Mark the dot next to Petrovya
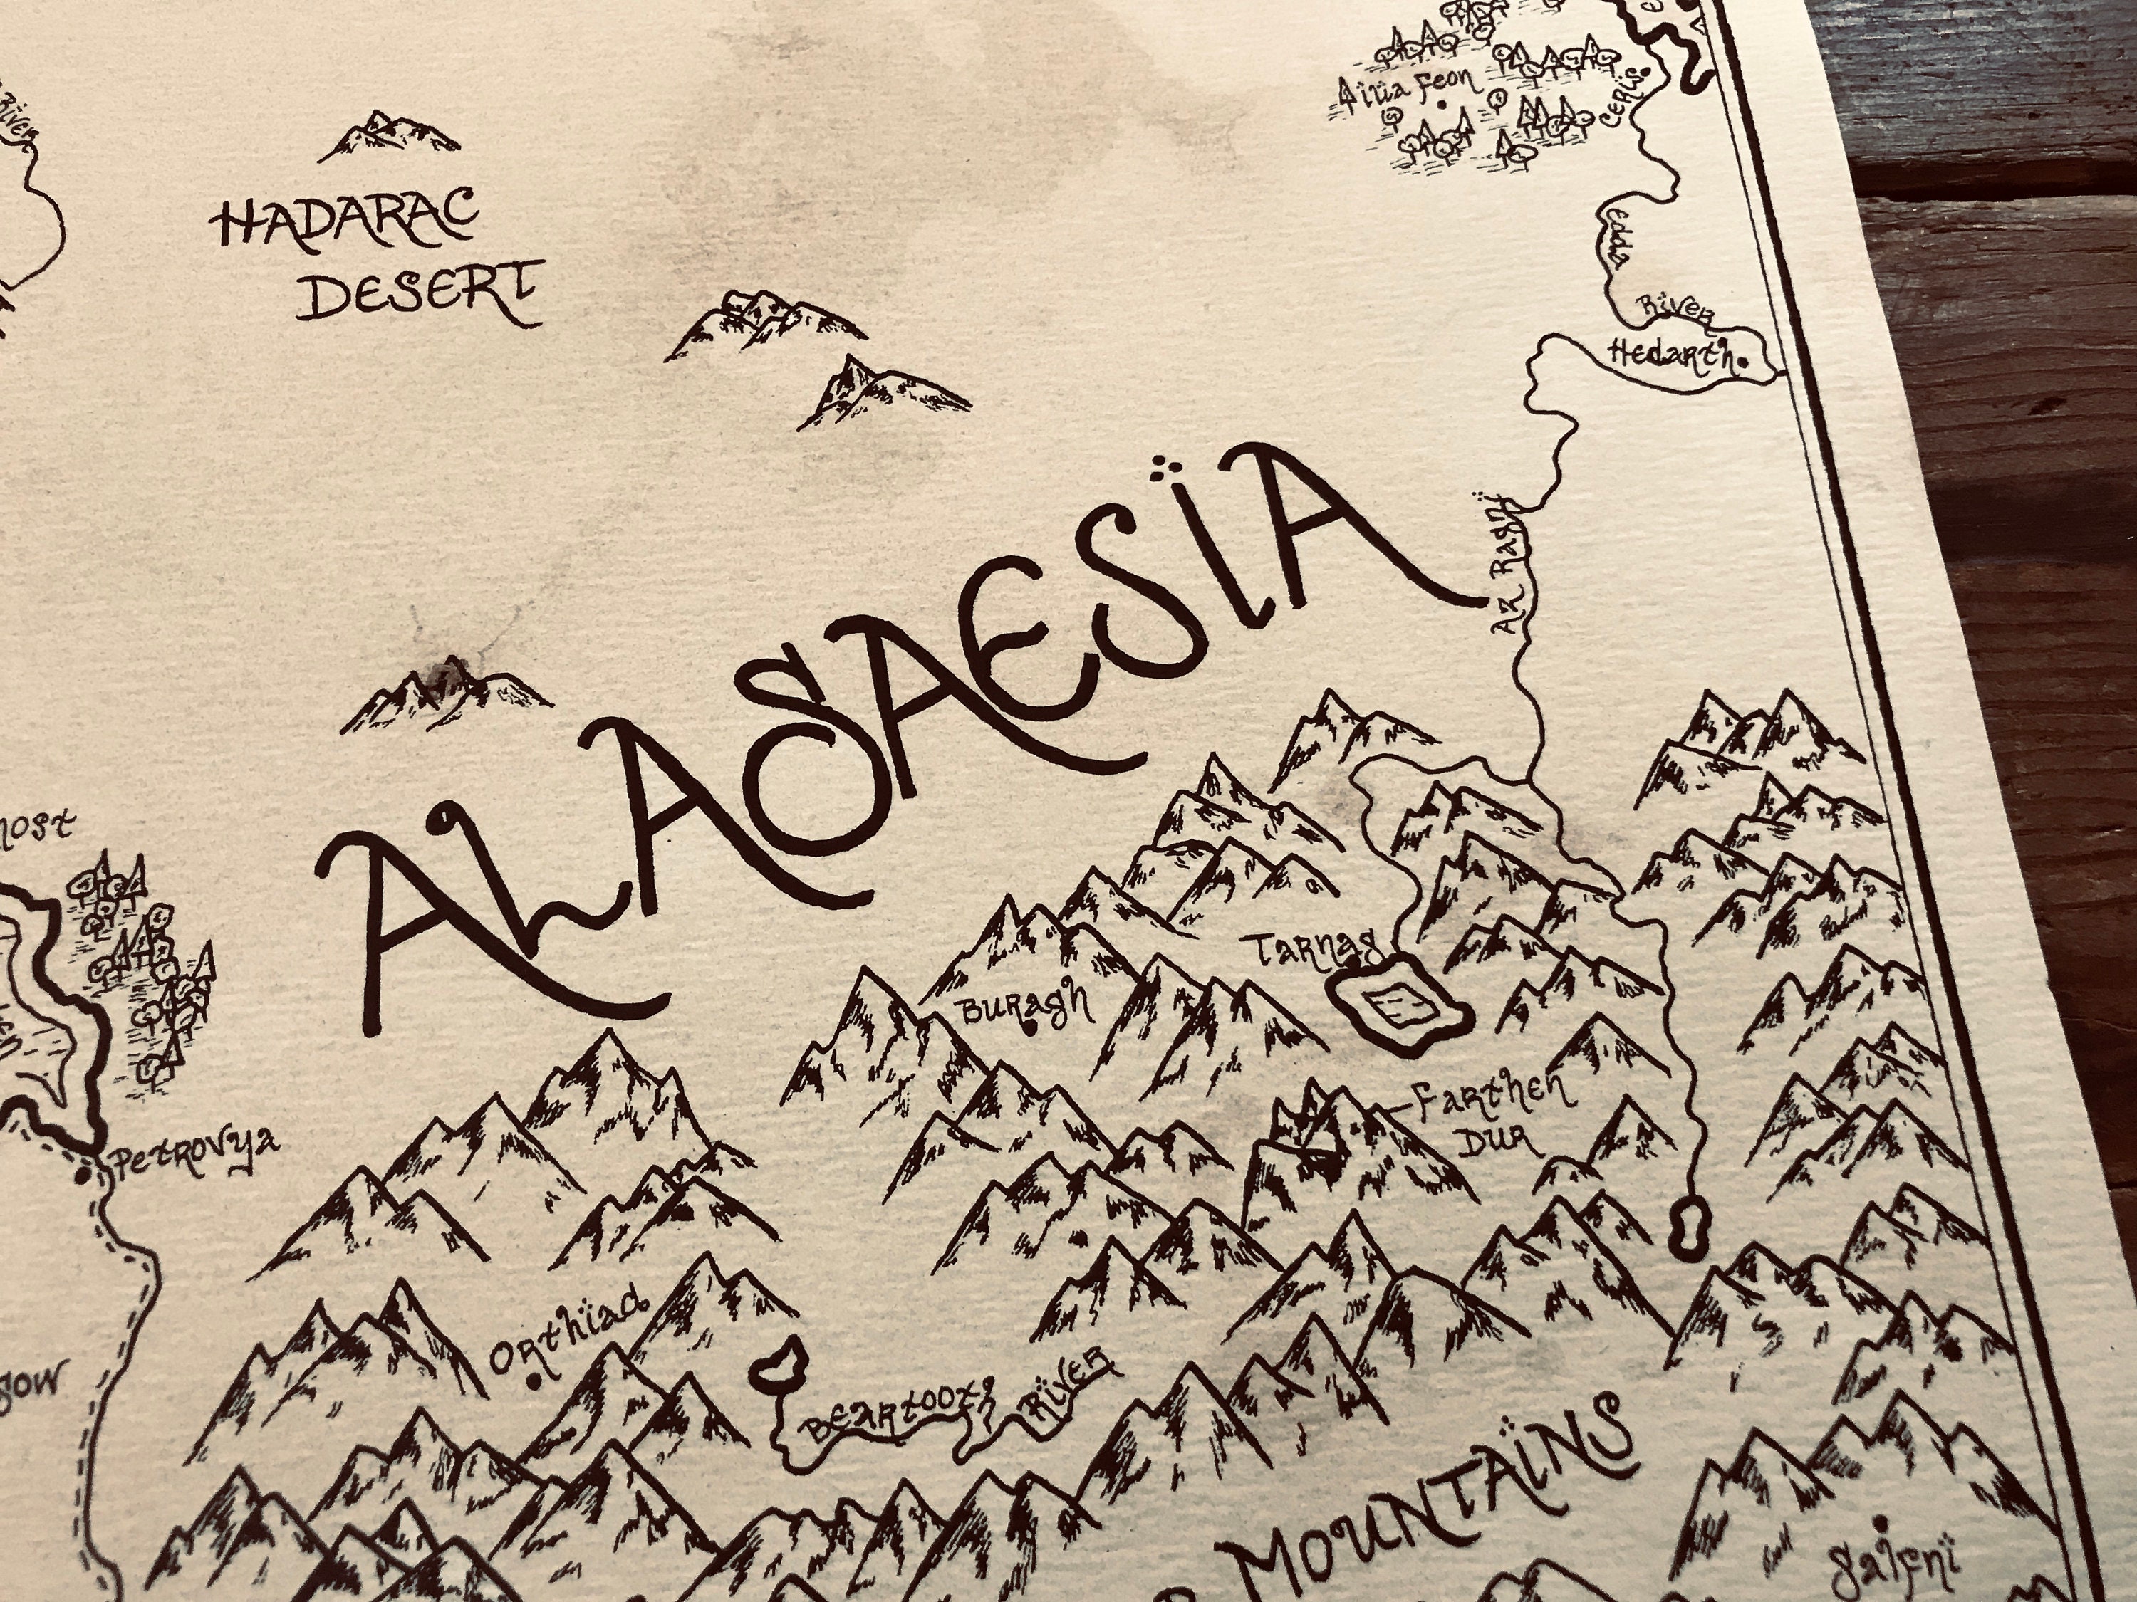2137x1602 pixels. [x=84, y=1176]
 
